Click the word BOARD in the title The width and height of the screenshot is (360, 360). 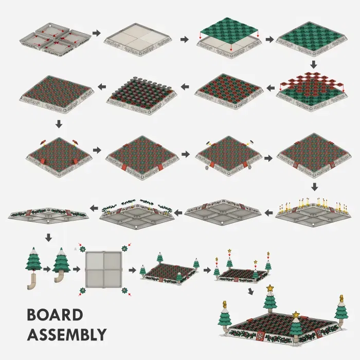55,315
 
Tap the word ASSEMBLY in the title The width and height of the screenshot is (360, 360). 67,334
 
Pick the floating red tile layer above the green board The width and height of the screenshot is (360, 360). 312,83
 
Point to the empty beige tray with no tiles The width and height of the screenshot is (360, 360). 138,40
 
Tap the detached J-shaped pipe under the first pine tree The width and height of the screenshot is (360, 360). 32,281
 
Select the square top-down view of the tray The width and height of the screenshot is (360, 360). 103,269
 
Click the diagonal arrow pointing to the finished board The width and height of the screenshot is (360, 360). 251,292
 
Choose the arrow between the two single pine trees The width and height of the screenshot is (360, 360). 47,269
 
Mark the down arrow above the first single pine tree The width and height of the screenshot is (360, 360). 48,238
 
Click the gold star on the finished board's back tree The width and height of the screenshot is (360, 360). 270,287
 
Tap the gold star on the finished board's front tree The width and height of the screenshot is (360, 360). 296,314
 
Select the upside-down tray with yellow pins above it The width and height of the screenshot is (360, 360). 313,211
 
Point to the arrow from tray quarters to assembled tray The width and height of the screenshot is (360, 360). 97,33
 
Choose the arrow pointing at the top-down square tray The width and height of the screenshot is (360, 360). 77,269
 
